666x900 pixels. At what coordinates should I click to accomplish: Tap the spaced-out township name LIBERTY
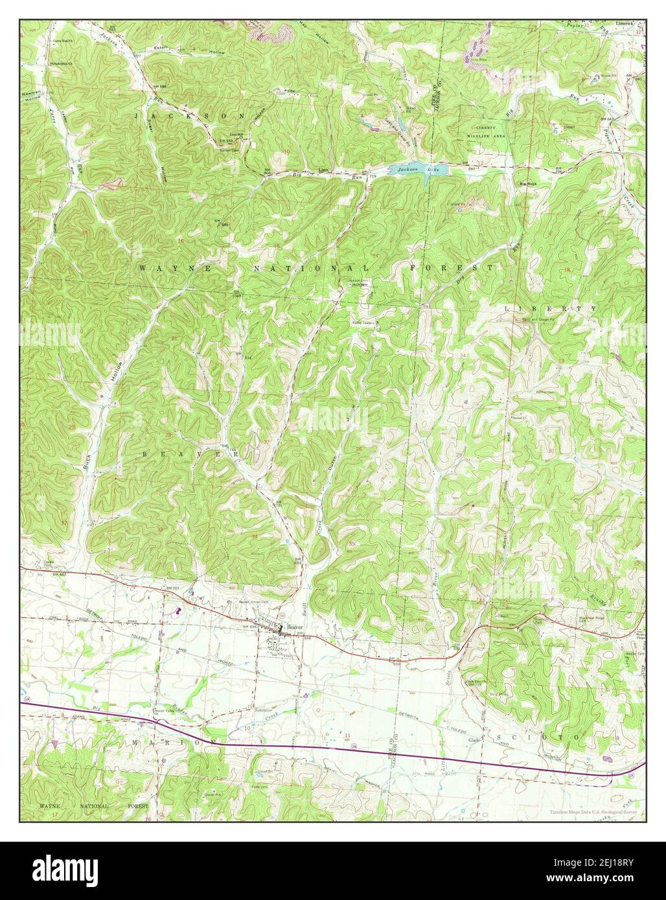point(551,309)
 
